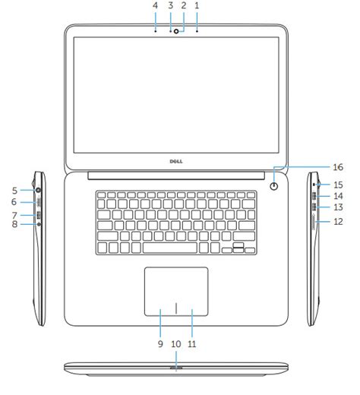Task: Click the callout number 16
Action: [338, 167]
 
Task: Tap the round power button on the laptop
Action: [274, 187]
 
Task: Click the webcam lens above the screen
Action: [176, 31]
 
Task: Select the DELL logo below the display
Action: [176, 161]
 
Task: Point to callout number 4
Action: [155, 5]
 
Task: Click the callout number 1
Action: [197, 5]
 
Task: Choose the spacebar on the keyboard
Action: [170, 248]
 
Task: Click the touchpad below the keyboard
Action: [176, 291]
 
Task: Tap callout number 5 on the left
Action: [14, 191]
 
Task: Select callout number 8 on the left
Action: [14, 224]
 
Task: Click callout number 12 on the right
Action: [338, 222]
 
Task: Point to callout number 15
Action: [338, 185]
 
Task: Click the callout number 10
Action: [176, 344]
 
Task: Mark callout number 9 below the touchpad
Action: [160, 344]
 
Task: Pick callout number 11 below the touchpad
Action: [192, 344]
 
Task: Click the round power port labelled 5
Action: [38, 190]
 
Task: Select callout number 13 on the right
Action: [338, 207]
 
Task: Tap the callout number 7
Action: [14, 215]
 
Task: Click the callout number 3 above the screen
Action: [170, 5]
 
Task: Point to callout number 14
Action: [338, 196]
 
